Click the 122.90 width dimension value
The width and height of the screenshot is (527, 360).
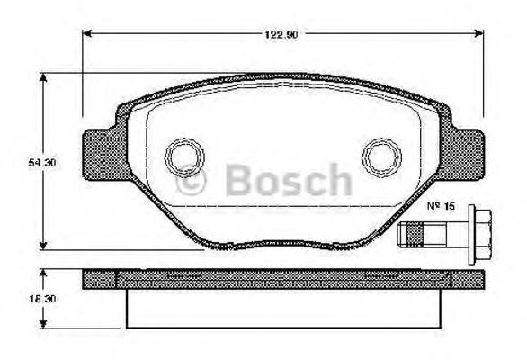coord(281,34)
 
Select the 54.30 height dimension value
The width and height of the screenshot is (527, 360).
coord(42,163)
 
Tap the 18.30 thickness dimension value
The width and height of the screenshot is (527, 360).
coord(42,299)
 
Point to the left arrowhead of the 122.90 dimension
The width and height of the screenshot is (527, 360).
coord(87,33)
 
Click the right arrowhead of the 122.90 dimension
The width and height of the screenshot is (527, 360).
coord(479,33)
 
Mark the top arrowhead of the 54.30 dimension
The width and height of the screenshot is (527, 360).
coord(42,77)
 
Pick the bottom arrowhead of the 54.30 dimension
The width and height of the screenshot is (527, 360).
coord(42,246)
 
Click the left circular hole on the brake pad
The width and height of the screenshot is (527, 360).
coord(184,157)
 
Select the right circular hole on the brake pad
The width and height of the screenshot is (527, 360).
coord(381,157)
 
